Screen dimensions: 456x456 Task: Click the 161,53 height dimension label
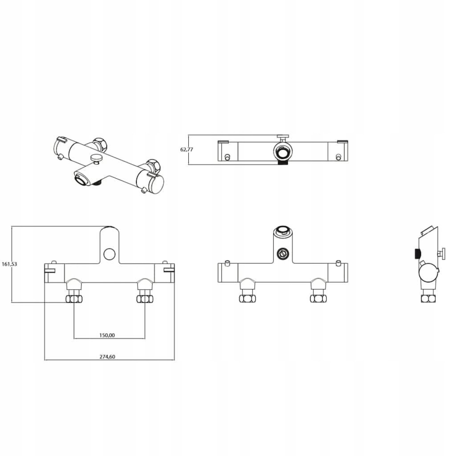point(9,264)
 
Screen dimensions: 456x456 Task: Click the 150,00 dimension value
point(107,335)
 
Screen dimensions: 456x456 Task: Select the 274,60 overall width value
point(107,357)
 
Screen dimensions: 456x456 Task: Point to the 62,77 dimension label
point(187,150)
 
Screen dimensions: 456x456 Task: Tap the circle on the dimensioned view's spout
point(110,254)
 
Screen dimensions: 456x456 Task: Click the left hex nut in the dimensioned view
point(74,299)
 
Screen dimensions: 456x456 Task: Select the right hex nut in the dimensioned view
point(145,299)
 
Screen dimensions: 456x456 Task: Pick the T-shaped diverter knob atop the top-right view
point(283,137)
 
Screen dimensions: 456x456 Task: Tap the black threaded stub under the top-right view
point(283,163)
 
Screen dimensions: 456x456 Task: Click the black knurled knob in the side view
point(417,254)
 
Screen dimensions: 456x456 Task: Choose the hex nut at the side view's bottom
point(428,299)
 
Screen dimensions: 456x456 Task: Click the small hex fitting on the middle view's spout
point(283,253)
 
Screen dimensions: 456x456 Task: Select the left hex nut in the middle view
point(248,299)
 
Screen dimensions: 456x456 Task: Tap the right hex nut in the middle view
point(318,299)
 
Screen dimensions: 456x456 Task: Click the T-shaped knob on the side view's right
point(442,253)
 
